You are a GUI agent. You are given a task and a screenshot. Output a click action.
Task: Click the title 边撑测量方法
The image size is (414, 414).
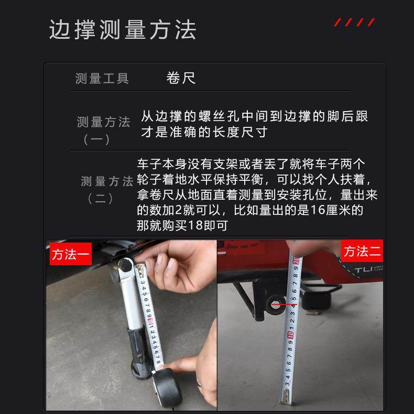coord(123,30)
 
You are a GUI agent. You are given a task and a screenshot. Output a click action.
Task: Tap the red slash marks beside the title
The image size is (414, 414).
coord(355,22)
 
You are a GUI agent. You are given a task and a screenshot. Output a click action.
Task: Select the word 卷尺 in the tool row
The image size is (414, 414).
coord(181,79)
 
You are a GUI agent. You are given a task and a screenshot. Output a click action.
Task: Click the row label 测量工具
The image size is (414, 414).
coord(102,79)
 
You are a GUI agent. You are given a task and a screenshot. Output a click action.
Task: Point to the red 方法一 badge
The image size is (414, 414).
coord(71,255)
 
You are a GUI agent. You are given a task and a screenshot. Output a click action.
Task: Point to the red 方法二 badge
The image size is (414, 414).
coord(362,252)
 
